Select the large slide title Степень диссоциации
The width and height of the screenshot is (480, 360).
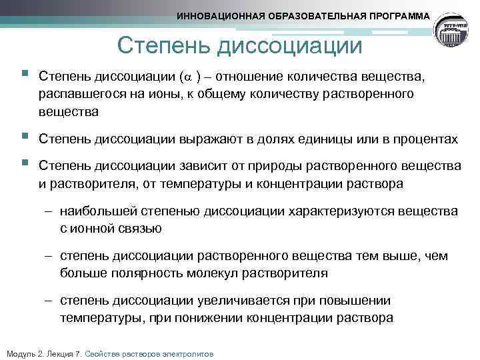[x=239, y=46]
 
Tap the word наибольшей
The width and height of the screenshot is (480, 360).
[x=98, y=211]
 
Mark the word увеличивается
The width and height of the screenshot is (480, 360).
[x=261, y=301]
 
